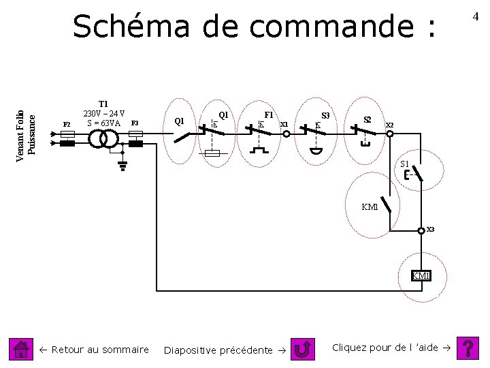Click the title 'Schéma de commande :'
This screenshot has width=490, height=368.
tap(253, 27)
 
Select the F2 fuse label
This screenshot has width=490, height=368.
tap(67, 124)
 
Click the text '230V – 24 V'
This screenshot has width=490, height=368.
tap(103, 113)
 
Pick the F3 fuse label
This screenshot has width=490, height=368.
tap(135, 123)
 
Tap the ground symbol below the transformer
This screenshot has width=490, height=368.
tap(122, 164)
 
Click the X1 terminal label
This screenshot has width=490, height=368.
tap(284, 124)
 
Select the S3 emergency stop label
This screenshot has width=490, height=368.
tap(325, 116)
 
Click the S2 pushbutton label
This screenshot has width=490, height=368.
tap(367, 119)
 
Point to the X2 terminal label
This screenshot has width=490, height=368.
tap(390, 125)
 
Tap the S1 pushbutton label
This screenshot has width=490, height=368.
tap(405, 164)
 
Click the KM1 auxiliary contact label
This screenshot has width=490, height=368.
tap(370, 206)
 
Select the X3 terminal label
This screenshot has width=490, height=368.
tap(430, 229)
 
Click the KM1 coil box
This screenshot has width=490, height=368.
tap(421, 275)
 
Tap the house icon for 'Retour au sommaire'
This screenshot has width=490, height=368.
tap(22, 350)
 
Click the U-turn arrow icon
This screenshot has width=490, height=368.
tap(302, 350)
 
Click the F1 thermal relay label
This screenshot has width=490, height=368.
tap(269, 114)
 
